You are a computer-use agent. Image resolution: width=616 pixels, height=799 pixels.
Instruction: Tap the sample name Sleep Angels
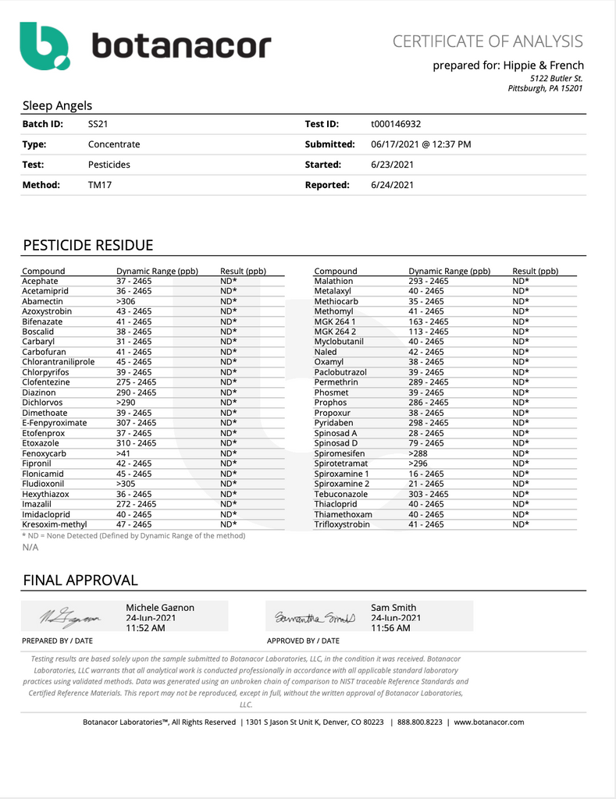pos(57,105)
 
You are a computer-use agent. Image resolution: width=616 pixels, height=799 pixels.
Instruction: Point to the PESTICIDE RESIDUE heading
pos(87,246)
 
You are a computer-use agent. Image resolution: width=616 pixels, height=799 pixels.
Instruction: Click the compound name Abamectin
pos(42,301)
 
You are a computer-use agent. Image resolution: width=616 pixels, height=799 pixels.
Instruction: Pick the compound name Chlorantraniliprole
pos(59,362)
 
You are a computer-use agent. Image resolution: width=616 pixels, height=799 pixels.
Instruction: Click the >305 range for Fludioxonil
pos(126,484)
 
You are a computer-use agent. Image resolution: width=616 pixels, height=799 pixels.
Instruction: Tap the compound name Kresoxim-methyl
pos(54,524)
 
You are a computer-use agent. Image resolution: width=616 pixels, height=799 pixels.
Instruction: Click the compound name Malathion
pos(333,281)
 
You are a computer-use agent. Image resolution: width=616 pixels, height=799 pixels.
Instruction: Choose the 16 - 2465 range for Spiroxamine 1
pos(426,474)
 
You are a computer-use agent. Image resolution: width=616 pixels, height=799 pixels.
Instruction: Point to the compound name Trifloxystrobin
pos(342,524)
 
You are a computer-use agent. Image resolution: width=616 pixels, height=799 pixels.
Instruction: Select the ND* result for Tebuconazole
pos(521,494)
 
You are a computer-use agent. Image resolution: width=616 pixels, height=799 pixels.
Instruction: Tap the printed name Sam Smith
pos(393,607)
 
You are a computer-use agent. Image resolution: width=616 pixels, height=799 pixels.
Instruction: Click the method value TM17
pos(99,185)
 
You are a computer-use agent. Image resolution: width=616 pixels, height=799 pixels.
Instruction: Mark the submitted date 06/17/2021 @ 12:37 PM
pos(421,144)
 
